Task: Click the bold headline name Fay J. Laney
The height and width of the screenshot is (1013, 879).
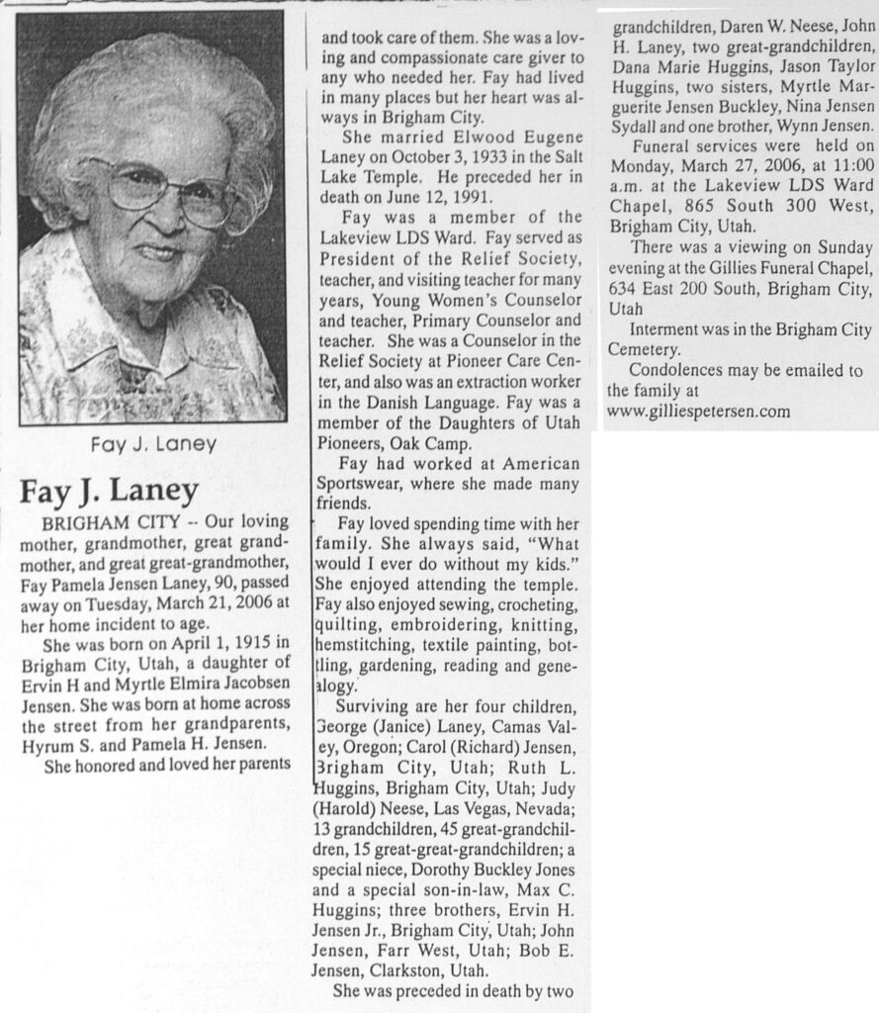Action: point(110,491)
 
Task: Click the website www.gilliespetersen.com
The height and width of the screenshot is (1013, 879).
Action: point(698,411)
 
